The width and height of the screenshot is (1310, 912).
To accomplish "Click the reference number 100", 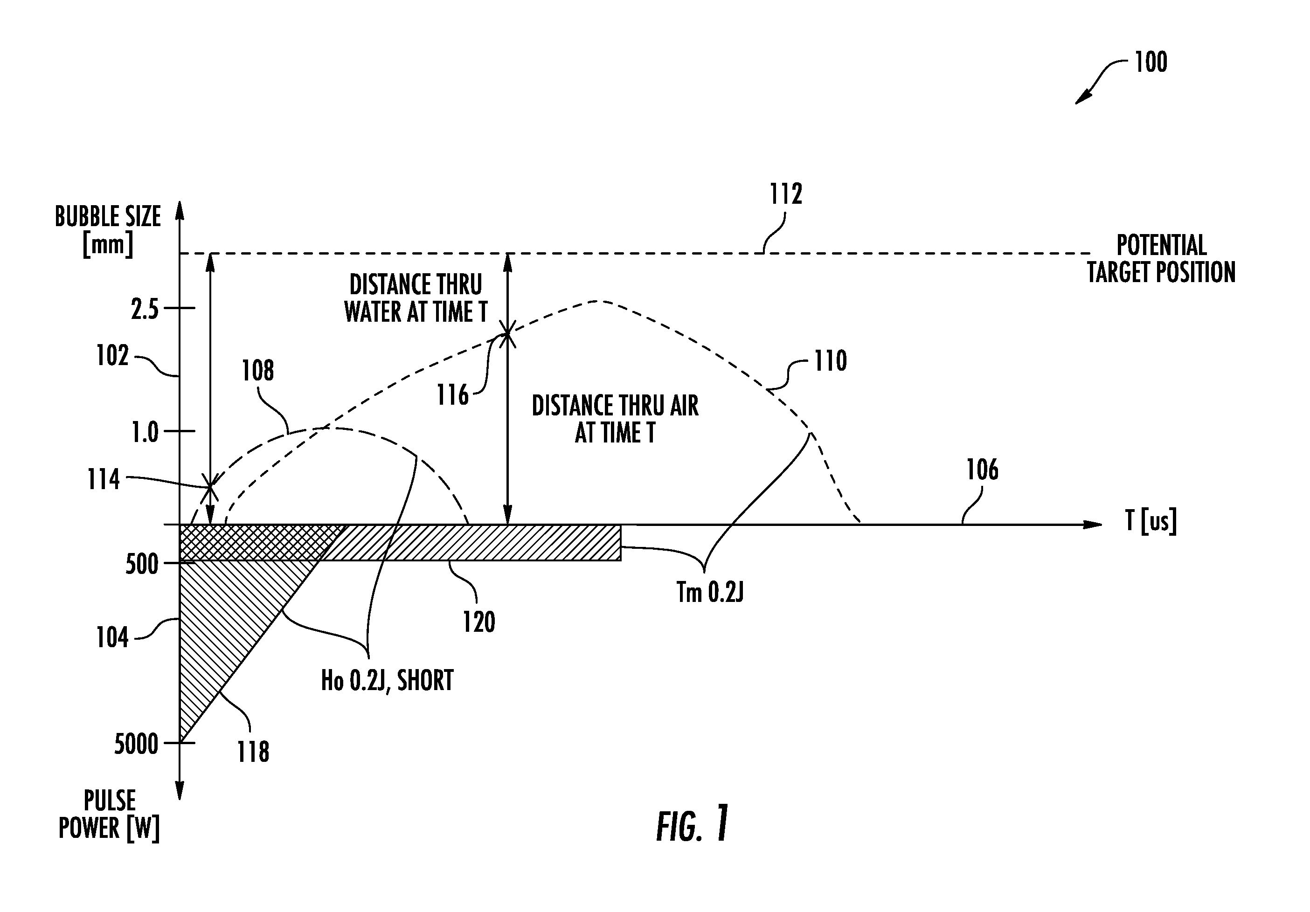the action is click(x=1150, y=62).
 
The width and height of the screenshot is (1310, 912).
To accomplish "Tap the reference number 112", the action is click(x=786, y=194).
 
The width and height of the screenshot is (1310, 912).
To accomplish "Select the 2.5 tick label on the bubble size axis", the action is click(x=145, y=309).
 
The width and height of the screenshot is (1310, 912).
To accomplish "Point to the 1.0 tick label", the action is click(x=145, y=432).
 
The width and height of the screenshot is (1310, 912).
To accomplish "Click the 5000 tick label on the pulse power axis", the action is click(x=136, y=744).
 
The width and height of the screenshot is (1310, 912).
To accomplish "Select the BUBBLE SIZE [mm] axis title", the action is click(x=108, y=230).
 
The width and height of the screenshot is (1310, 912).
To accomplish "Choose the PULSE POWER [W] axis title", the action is click(x=109, y=815).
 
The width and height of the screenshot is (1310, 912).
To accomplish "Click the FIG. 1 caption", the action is click(x=693, y=824).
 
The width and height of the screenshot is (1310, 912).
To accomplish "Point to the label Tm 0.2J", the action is click(x=710, y=592).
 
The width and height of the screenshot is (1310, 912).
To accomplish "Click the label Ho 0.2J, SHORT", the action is click(x=388, y=680).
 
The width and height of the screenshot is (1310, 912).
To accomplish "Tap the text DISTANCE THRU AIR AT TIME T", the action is click(x=615, y=419).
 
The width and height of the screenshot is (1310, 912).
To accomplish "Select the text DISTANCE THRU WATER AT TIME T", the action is click(x=416, y=298).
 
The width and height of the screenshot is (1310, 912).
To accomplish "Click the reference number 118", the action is click(x=253, y=752).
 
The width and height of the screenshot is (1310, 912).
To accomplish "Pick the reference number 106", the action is click(x=982, y=470).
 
